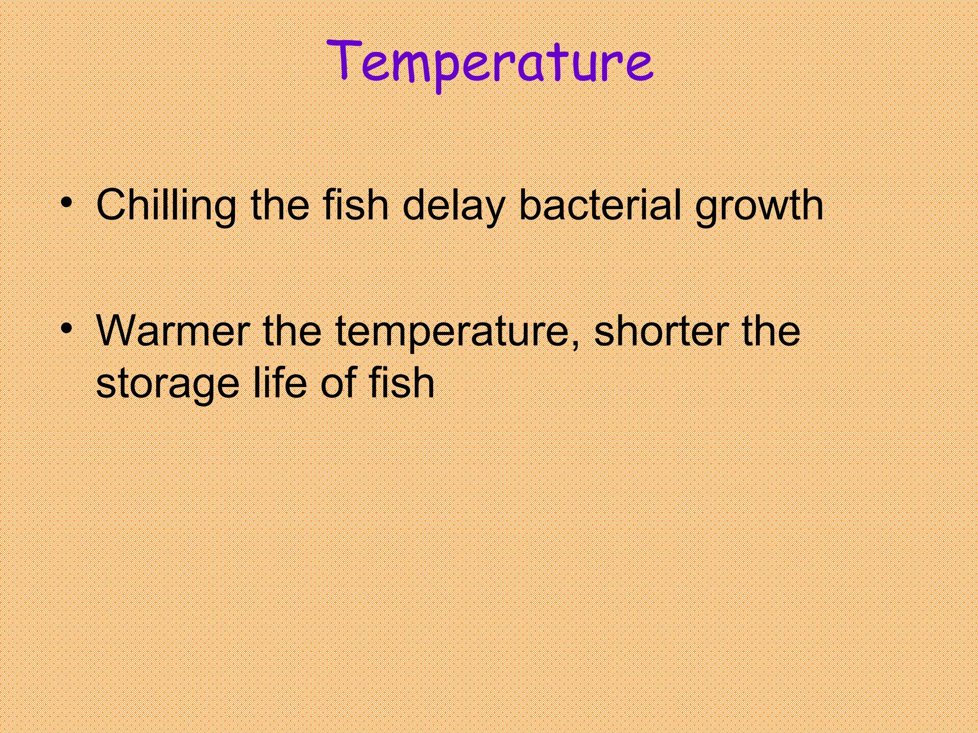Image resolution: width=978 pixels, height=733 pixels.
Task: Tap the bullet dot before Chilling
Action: (67, 202)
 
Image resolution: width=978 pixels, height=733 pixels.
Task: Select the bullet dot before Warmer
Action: (67, 328)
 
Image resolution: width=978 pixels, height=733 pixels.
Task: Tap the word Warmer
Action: (173, 331)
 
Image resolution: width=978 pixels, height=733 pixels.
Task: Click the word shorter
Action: (661, 331)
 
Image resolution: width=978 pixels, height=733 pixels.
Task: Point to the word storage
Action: (167, 385)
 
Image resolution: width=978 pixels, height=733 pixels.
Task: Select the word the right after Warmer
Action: (292, 331)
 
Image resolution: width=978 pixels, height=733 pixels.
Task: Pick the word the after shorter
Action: (771, 331)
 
